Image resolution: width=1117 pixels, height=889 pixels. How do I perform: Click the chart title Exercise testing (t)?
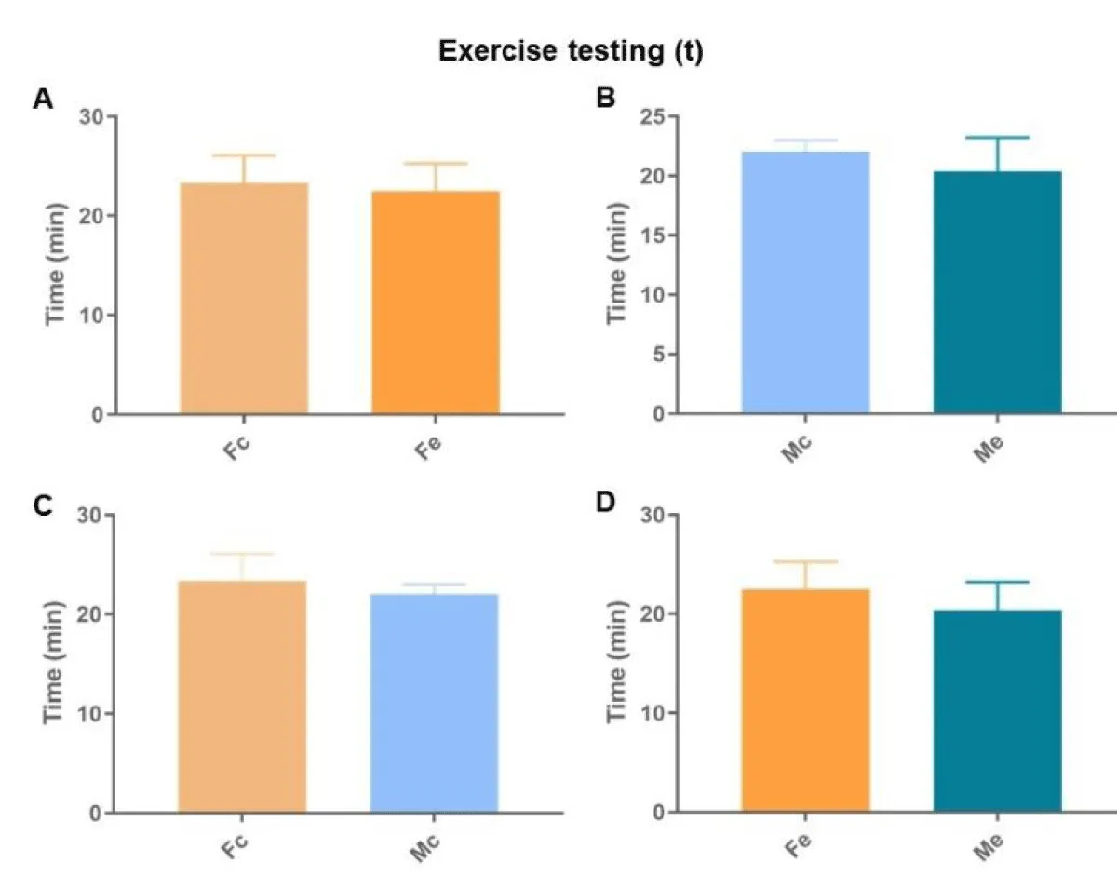click(x=571, y=52)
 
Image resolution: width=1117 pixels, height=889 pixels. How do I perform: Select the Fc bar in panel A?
click(x=244, y=298)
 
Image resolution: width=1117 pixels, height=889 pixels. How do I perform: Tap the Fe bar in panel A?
click(x=436, y=303)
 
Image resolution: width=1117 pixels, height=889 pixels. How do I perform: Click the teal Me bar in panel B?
click(x=997, y=292)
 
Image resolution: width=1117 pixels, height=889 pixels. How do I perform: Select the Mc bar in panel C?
click(x=434, y=703)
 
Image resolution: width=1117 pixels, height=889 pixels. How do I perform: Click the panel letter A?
click(x=43, y=99)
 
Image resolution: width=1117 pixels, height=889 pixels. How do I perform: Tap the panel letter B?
click(x=605, y=97)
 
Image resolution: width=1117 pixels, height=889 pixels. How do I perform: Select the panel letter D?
click(x=606, y=504)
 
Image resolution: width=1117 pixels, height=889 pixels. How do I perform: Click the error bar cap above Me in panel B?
click(x=997, y=138)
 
